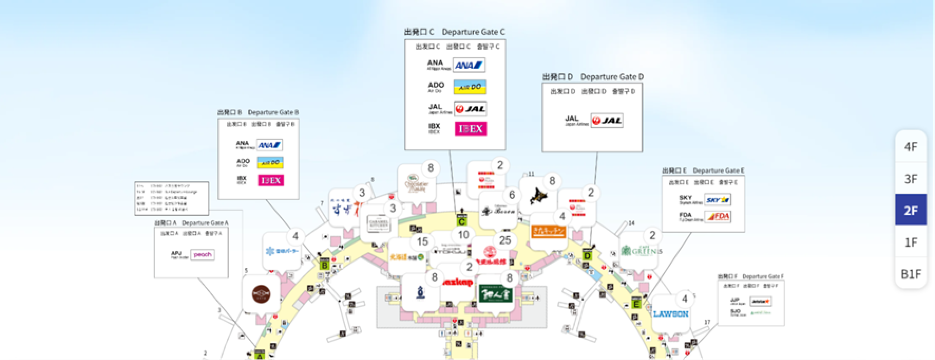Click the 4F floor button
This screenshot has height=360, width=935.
(910, 146)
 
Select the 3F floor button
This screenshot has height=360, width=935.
(910, 178)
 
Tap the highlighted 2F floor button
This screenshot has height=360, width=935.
(910, 210)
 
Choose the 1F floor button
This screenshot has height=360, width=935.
(910, 242)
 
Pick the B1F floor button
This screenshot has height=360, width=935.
(910, 273)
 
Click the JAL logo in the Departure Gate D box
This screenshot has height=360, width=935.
(606, 120)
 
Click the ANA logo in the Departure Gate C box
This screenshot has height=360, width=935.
(469, 65)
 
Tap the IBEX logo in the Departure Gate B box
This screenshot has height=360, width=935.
(270, 180)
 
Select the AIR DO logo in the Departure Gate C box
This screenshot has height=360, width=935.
(469, 87)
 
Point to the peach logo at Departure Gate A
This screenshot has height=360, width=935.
(202, 255)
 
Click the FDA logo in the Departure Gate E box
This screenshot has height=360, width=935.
(718, 216)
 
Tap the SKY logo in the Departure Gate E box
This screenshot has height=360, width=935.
(718, 199)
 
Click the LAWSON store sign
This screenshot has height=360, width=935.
(670, 313)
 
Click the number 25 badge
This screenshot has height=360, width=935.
(505, 240)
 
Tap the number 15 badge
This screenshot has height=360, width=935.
(422, 242)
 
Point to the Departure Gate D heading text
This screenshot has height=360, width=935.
(611, 77)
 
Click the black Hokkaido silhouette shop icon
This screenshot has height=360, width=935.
(541, 196)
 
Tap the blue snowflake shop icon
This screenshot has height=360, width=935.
(281, 250)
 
